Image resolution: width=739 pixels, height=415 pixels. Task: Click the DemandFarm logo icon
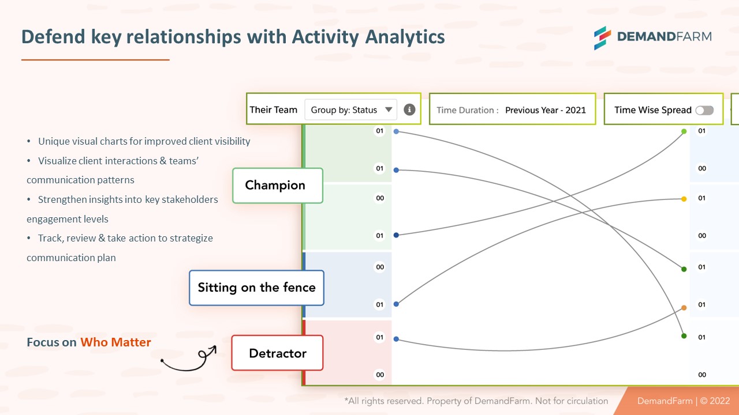coord(603,37)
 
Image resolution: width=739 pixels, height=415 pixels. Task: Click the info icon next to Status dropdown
coord(409,110)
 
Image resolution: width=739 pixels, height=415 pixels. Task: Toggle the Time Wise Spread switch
coord(704,110)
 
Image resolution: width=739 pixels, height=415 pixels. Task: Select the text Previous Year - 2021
coord(545,110)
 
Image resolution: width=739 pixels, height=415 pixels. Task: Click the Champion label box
coord(277,186)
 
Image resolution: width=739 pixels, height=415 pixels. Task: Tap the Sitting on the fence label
coord(256,288)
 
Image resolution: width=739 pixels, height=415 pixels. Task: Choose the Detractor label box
coord(277,353)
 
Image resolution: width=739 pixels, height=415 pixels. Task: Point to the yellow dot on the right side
coord(684,199)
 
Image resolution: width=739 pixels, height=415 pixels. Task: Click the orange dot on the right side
coord(684,308)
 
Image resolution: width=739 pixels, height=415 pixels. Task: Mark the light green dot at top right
coord(684,131)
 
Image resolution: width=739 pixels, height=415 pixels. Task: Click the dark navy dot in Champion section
coord(396,235)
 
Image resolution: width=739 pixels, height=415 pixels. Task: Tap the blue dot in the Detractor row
coord(396,339)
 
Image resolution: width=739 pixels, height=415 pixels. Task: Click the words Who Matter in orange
coord(115,342)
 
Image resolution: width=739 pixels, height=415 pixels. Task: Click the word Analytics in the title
coord(405,37)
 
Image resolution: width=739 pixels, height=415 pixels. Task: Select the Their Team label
coord(273,110)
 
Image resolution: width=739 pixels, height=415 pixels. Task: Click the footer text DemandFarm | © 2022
coord(683,401)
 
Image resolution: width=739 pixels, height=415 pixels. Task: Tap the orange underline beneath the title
coord(95,59)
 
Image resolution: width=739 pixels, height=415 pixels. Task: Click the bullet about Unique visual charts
coord(144,141)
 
